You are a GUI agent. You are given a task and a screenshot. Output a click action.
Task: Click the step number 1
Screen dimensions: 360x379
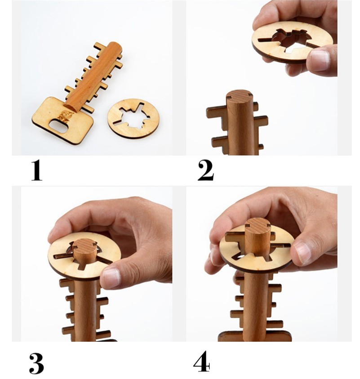tap(37, 171)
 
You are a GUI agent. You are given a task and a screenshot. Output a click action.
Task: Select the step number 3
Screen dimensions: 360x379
tap(36, 364)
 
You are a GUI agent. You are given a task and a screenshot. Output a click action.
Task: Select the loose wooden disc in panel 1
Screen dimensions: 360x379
tap(133, 118)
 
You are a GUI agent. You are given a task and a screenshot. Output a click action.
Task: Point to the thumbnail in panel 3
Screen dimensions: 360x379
tap(111, 277)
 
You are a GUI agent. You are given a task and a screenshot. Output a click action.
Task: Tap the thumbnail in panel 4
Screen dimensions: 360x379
tap(303, 253)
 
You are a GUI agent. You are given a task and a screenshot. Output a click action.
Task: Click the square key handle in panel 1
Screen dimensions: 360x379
tap(62, 120)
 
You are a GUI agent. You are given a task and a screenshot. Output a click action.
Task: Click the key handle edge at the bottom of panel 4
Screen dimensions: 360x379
tap(255, 336)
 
